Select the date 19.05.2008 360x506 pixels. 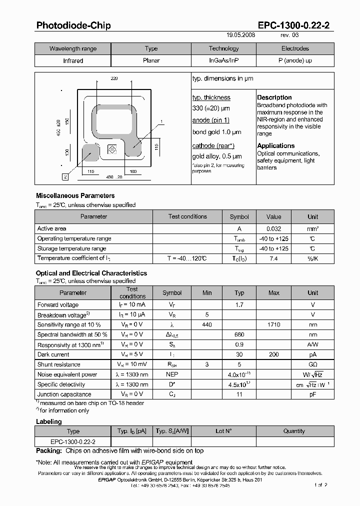(x=241, y=35)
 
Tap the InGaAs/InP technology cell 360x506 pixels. (x=223, y=60)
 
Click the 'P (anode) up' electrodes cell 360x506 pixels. (x=295, y=60)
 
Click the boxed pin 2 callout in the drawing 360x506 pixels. (x=65, y=176)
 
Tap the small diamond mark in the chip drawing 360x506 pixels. (x=112, y=149)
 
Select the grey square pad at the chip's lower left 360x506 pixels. (x=90, y=152)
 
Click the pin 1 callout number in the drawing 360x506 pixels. (x=162, y=121)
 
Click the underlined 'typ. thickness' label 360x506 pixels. (x=211, y=97)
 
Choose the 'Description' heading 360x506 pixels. (x=274, y=97)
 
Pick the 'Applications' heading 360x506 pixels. (x=276, y=146)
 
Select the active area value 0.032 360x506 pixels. (x=273, y=228)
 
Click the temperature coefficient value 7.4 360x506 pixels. (x=273, y=258)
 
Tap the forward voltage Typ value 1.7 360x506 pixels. (x=239, y=304)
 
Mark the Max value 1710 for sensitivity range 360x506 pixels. (x=273, y=324)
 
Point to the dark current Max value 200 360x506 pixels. (x=273, y=354)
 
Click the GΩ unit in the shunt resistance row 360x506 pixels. (x=312, y=364)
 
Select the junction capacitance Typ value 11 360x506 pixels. (x=239, y=394)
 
